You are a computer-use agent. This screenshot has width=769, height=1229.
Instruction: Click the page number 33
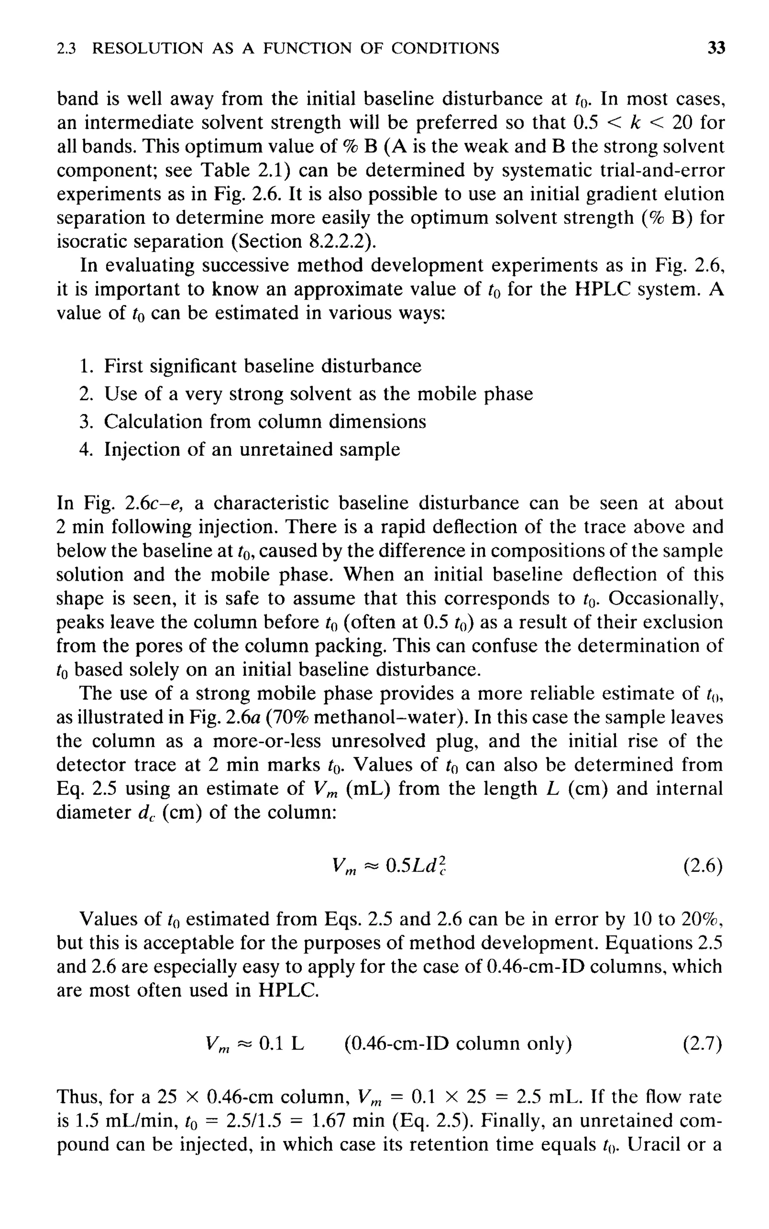point(716,48)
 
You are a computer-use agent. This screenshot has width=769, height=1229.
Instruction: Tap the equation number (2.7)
point(703,1044)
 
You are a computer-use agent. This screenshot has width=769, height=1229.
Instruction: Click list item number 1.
point(86,366)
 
